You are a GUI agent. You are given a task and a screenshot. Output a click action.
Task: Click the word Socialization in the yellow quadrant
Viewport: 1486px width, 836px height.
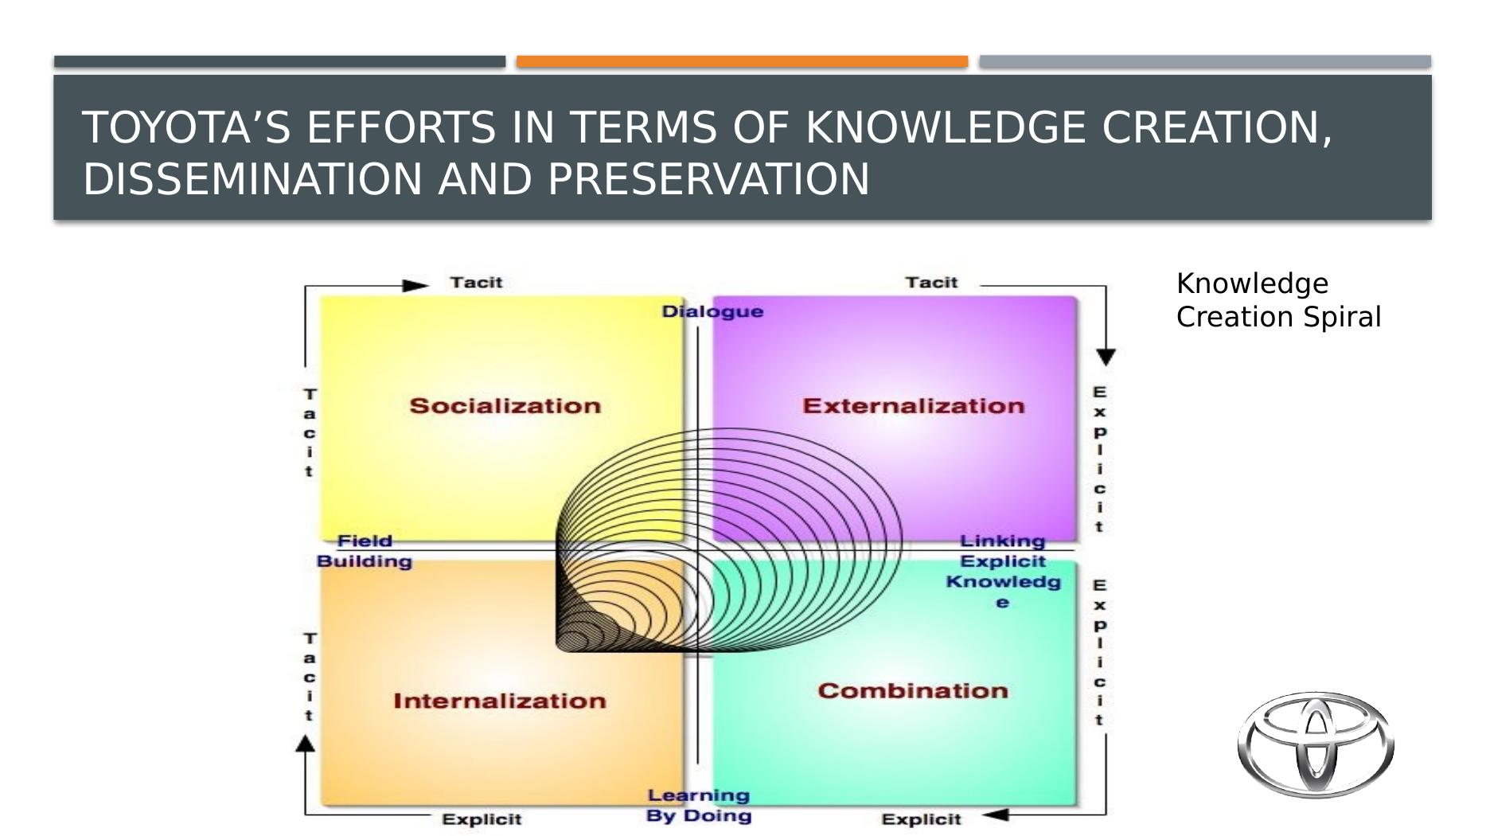coord(505,406)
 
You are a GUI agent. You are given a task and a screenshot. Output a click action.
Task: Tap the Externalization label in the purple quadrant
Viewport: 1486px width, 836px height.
coord(914,406)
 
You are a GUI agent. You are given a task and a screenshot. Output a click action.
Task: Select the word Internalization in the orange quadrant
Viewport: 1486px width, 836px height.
coord(500,701)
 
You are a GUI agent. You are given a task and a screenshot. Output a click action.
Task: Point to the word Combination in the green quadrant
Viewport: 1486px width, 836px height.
coord(913,690)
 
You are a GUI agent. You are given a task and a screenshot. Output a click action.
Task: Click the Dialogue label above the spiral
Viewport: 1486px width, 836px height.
coord(713,311)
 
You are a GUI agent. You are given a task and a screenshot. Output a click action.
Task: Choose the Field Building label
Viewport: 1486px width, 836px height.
coord(365,551)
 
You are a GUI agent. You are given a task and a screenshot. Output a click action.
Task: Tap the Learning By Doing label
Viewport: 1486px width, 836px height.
coord(699,805)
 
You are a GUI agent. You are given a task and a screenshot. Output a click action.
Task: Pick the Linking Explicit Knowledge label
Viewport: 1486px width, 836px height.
coord(1003,572)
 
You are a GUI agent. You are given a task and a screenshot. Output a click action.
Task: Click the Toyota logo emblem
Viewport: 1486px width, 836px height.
coord(1316,744)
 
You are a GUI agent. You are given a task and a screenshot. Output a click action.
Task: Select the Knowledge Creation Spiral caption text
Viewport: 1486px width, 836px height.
coord(1278,300)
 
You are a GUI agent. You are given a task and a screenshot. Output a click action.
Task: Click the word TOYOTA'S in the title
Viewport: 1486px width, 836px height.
coord(186,127)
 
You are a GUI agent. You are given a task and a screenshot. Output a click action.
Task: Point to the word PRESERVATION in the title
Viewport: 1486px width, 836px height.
coord(708,178)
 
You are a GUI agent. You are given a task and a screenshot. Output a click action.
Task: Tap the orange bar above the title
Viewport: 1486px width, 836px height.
coord(742,61)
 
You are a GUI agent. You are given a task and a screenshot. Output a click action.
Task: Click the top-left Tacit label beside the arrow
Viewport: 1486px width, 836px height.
coord(477,283)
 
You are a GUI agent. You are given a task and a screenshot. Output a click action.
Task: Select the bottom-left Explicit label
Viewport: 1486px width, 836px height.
coord(482,819)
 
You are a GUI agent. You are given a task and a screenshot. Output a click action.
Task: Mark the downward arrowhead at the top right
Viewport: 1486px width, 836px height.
coord(1106,357)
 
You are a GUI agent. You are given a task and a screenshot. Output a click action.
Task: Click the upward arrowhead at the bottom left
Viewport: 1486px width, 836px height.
coord(305,743)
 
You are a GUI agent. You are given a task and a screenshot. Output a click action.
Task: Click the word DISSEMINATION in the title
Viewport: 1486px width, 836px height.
coord(252,178)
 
